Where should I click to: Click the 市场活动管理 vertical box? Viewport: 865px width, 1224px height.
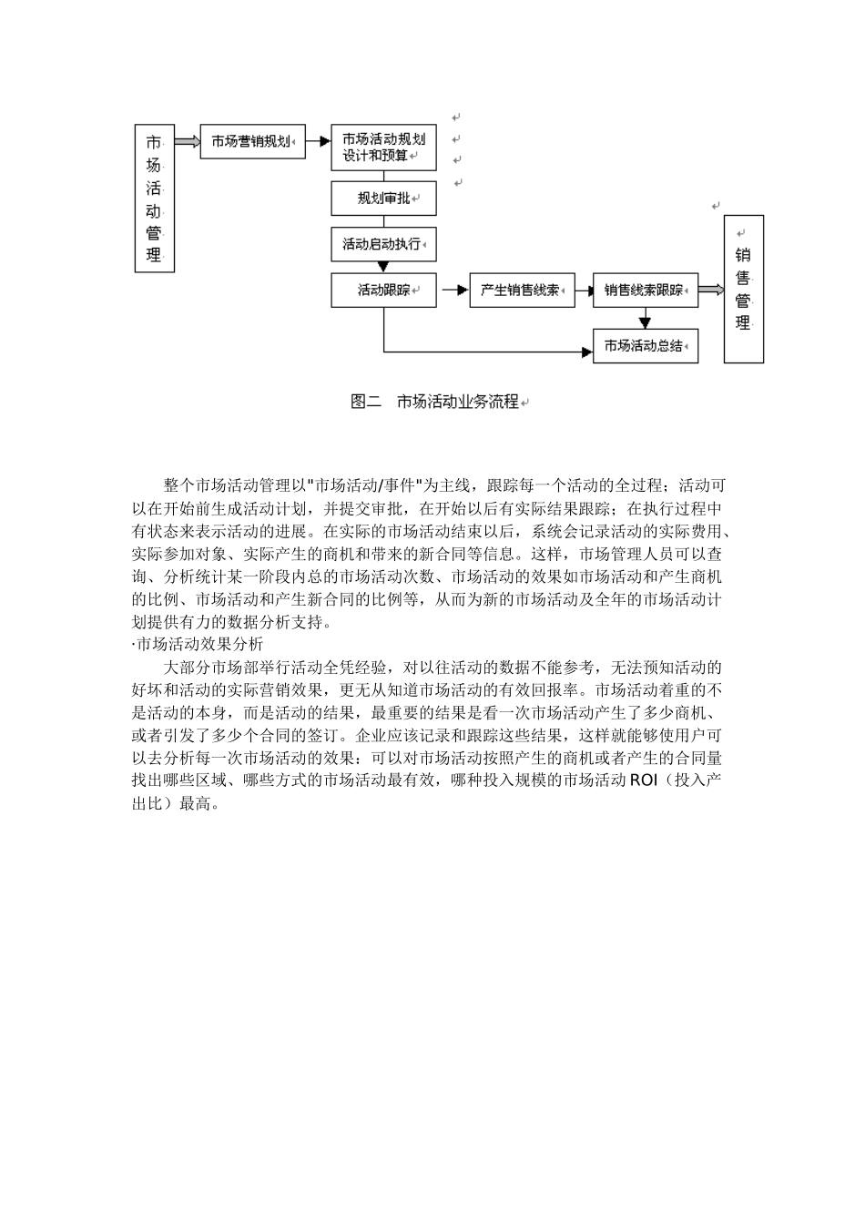(154, 199)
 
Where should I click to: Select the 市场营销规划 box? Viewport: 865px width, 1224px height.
(252, 141)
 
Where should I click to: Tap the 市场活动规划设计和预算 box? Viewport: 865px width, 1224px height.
(383, 148)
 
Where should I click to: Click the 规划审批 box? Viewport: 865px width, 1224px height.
(383, 199)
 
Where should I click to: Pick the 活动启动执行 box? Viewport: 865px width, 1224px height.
(383, 244)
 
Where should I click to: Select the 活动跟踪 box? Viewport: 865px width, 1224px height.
(383, 291)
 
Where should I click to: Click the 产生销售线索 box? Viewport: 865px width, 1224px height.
(522, 291)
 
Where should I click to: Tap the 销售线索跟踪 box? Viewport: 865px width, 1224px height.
(645, 291)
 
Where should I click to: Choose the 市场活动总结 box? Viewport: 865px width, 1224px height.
(645, 346)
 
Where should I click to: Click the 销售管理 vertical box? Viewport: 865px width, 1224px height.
(743, 289)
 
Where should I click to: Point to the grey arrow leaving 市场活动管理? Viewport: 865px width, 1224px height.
(187, 141)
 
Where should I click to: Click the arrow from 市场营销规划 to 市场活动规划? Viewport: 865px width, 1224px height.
(318, 141)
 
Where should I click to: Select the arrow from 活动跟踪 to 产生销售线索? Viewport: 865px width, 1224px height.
(453, 291)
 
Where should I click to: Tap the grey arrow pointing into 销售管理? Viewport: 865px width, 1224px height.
(711, 291)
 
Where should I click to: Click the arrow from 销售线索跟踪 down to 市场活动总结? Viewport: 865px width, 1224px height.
(645, 318)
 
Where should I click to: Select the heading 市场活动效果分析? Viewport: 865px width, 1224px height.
(198, 645)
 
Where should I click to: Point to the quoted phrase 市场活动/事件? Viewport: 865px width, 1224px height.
(368, 484)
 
